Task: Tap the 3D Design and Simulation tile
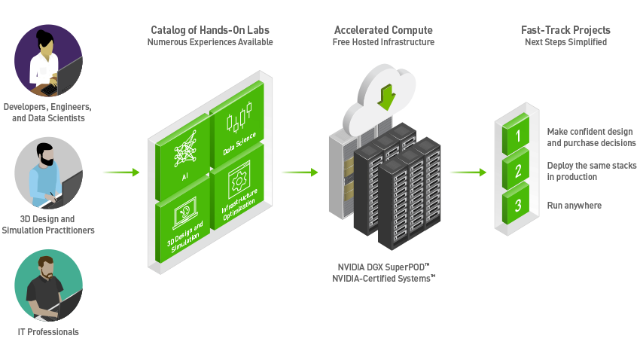pos(184,224)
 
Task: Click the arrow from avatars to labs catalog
pos(120,172)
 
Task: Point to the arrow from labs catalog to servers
pos(300,172)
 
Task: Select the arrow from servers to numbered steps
pos(468,172)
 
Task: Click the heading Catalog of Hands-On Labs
pos(210,30)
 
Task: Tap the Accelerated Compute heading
pos(383,30)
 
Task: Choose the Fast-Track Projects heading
pos(565,30)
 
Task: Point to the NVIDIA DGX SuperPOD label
pos(382,267)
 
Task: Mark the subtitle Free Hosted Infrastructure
pos(383,42)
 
